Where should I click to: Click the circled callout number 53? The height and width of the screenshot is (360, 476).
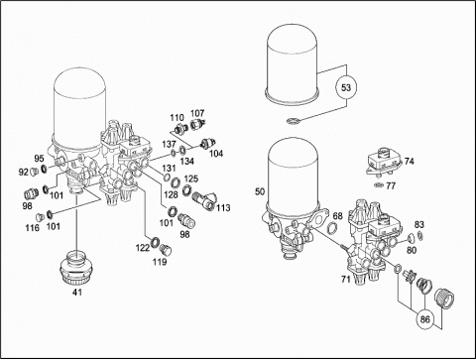tap(346, 88)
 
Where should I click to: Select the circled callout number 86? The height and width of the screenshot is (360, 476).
tap(424, 319)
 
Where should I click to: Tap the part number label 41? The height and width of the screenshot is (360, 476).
tap(77, 293)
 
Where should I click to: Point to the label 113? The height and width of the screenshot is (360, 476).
tap(223, 208)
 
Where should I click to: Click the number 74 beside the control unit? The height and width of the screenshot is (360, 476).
tap(409, 162)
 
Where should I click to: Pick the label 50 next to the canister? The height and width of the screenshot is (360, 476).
tap(260, 191)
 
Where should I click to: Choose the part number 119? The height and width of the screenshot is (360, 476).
tap(160, 262)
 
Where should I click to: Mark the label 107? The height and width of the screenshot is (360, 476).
tap(197, 113)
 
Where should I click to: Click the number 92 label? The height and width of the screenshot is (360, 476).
tap(24, 172)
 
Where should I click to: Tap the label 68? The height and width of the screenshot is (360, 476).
tap(337, 216)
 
